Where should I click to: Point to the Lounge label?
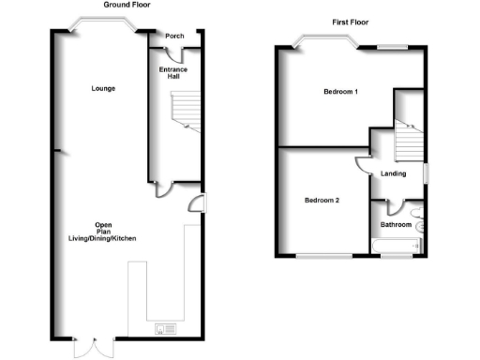pyautogui.click(x=103, y=89)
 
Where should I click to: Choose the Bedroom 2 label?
pyautogui.click(x=322, y=201)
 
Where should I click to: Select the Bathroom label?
pyautogui.click(x=396, y=225)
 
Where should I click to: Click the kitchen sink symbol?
pyautogui.click(x=166, y=328)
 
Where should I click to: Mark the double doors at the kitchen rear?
pyautogui.click(x=91, y=345)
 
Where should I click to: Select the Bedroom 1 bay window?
pyautogui.click(x=324, y=41)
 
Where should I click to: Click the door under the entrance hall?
pyautogui.click(x=164, y=188)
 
